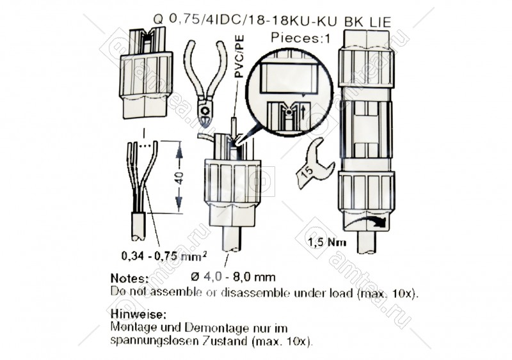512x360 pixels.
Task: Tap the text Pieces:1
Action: point(300,38)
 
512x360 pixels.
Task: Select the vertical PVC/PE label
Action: point(239,56)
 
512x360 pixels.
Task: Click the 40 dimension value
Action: point(179,177)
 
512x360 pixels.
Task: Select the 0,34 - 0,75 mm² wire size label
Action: point(164,256)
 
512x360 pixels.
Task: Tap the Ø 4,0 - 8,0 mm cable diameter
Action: point(233,277)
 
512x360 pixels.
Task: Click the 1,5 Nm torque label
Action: point(327,242)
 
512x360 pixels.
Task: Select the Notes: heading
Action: point(130,278)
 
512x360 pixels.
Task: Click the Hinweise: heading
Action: point(138,314)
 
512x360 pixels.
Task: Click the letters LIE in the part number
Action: point(380,22)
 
